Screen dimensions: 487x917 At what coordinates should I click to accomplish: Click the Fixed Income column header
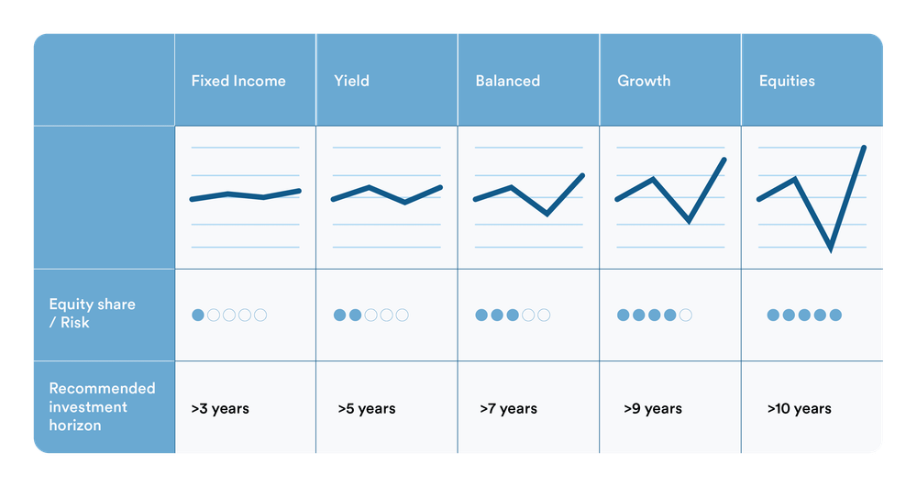tap(238, 81)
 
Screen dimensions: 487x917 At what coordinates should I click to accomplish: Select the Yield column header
tap(351, 81)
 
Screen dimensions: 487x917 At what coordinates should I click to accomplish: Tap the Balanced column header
tap(507, 81)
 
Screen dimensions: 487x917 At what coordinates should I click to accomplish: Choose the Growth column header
tap(644, 81)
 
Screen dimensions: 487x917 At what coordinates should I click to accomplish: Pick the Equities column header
tap(787, 81)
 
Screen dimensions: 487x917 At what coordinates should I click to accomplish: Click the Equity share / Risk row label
tap(92, 314)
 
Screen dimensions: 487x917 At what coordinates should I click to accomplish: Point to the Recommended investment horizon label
tap(102, 406)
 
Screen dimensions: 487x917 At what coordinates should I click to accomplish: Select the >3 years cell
tap(220, 408)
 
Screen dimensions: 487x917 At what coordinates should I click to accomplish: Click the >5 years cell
tap(366, 408)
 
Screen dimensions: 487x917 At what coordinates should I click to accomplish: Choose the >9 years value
tap(653, 408)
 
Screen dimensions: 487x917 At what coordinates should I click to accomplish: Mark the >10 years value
tap(799, 408)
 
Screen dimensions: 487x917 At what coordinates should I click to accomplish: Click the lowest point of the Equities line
tap(830, 249)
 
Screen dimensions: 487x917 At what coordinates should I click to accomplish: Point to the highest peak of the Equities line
tap(863, 147)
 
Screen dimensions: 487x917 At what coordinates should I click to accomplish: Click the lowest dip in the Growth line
tap(688, 221)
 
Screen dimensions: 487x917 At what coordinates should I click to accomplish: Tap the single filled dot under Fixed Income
tap(198, 315)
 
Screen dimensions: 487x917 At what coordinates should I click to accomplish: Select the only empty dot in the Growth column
tap(685, 315)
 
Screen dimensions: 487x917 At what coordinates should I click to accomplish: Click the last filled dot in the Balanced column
tap(513, 315)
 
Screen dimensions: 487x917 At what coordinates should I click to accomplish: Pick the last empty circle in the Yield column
tap(402, 315)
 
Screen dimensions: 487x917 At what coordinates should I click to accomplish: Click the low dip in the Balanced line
tap(547, 214)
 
